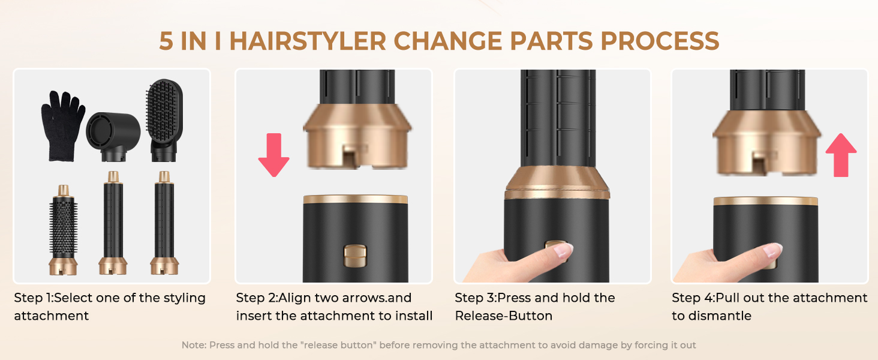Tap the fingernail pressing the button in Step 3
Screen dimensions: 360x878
563,251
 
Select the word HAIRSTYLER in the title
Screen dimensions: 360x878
307,41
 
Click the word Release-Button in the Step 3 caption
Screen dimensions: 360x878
504,316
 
